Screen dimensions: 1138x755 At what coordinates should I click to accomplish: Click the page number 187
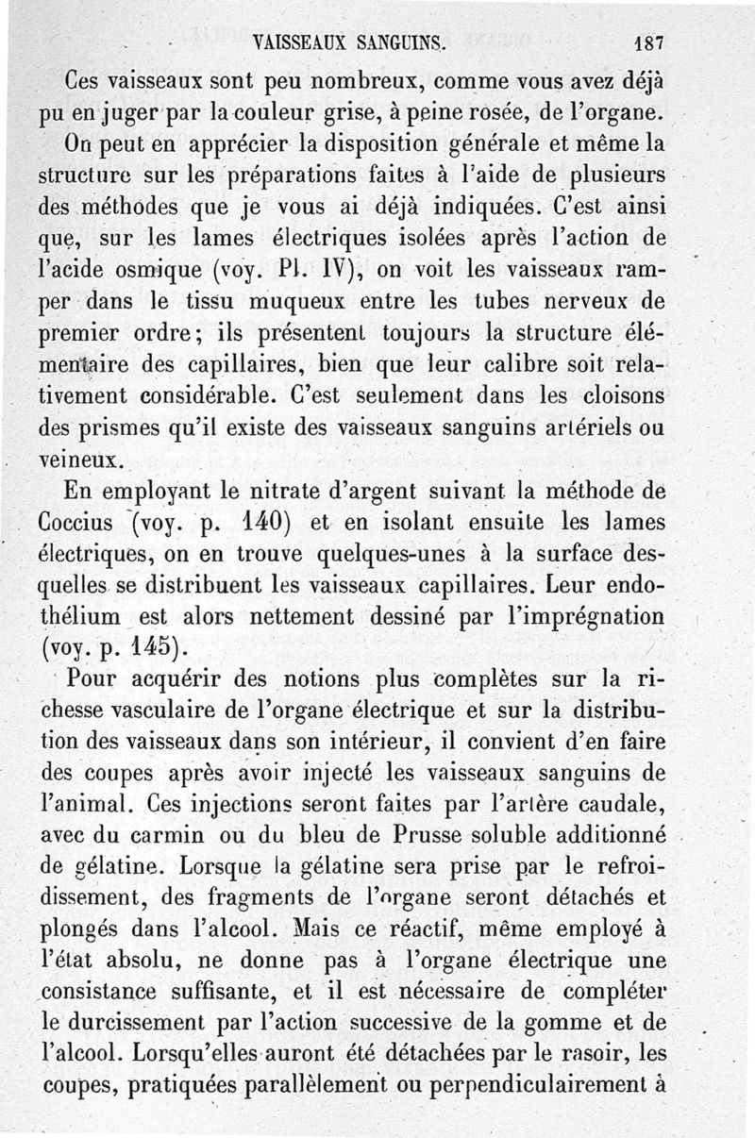pos(649,43)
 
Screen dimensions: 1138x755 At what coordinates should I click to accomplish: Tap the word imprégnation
pos(582,620)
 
